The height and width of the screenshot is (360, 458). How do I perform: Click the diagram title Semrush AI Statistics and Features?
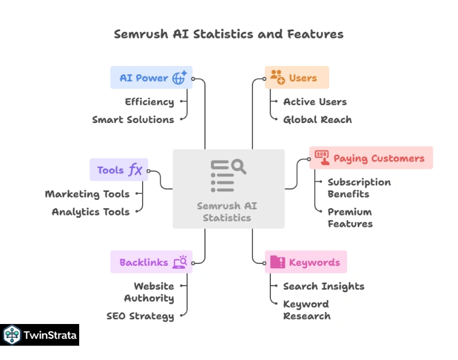(228, 34)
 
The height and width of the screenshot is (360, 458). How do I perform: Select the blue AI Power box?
(151, 77)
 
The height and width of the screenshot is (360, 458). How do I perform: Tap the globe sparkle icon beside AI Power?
(179, 77)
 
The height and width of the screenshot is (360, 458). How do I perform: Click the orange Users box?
(297, 77)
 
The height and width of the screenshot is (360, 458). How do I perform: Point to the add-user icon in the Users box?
(277, 77)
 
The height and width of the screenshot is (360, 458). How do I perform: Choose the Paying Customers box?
(371, 158)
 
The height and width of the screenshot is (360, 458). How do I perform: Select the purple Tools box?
(119, 170)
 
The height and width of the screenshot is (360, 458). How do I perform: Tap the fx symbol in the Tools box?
(135, 170)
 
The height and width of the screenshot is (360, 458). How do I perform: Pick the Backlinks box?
(151, 262)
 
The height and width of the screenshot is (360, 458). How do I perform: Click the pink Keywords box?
(306, 262)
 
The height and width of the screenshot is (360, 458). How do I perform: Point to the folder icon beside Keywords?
(278, 262)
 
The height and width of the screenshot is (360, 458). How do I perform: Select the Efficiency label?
(149, 101)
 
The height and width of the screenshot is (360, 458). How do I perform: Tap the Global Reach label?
(317, 119)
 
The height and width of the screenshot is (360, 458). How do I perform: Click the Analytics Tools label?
(91, 212)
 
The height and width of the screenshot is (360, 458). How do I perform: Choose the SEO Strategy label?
(140, 316)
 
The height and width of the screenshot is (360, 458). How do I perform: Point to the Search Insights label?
(324, 286)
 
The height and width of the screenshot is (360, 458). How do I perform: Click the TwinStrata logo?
(40, 335)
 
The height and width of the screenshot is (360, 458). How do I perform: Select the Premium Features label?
(350, 218)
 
